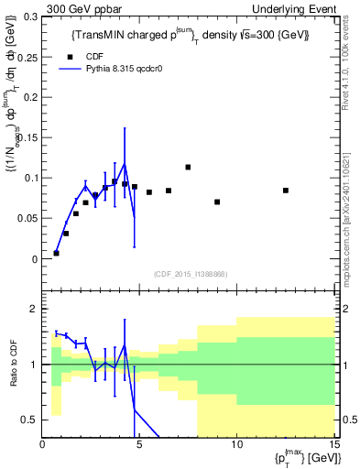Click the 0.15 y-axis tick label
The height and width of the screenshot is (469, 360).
tap(27, 138)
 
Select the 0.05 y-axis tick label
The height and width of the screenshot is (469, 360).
tap(27, 219)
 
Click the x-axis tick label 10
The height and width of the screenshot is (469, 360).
tap(236, 444)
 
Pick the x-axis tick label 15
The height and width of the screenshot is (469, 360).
tap(333, 444)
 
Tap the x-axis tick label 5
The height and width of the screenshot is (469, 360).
tap(140, 444)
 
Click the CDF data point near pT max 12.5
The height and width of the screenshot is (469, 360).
tap(286, 191)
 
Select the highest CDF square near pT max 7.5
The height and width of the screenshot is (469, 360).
tap(188, 167)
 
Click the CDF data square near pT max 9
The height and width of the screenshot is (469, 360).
tap(217, 202)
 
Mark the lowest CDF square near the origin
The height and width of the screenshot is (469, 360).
tap(57, 253)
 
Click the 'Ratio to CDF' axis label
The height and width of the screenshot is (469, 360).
tap(14, 365)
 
